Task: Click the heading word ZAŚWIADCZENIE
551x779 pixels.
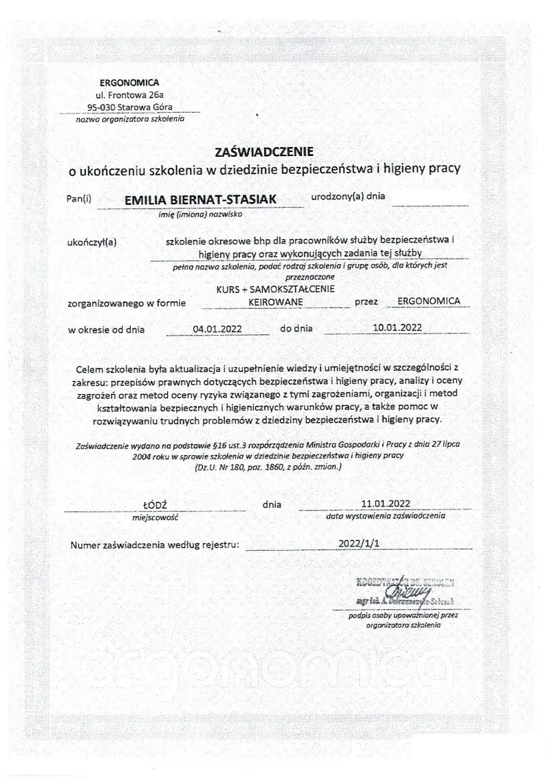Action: [265, 151]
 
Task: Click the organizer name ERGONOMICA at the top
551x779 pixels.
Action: [129, 83]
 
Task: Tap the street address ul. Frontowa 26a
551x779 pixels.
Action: [129, 95]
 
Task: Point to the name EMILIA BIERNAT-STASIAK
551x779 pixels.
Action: [200, 199]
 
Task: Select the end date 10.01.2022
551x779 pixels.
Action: [397, 328]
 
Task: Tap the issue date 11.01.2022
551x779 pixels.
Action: [386, 503]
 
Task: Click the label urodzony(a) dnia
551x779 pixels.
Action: [347, 196]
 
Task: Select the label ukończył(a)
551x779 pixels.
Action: [93, 241]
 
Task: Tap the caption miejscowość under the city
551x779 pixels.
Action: [155, 516]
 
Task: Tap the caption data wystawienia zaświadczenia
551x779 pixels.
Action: [386, 514]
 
